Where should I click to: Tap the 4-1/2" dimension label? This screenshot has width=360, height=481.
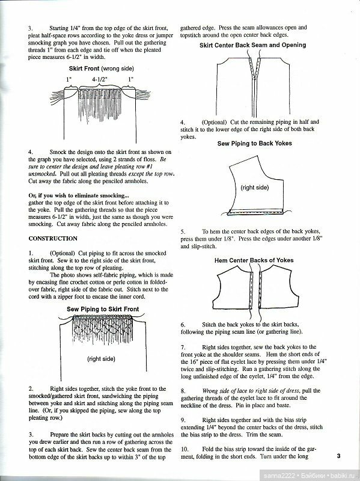pyautogui.click(x=101, y=79)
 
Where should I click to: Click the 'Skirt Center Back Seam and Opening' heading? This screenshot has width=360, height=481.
pyautogui.click(x=252, y=45)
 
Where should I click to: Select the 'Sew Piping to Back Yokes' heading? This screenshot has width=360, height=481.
pyautogui.click(x=252, y=144)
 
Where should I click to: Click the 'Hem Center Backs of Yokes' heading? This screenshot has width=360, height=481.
pyautogui.click(x=252, y=261)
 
